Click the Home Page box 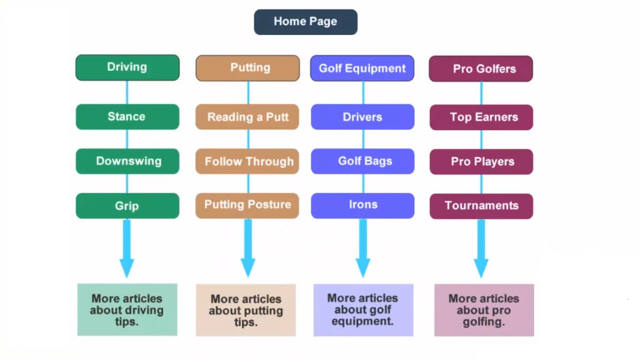pos(305,22)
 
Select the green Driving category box pos(127,68)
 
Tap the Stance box pos(127,117)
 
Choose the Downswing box pos(127,162)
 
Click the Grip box pos(127,206)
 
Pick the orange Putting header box pos(248,68)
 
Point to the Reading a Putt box pos(247,117)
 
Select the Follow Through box pos(247,162)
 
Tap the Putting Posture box pos(247,205)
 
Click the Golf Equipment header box pos(362,68)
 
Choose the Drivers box pos(362,117)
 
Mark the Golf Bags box pos(362,162)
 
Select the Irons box pos(362,205)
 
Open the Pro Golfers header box pos(480,69)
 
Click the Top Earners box pos(481,117)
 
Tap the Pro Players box pos(481,162)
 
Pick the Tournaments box pos(481,205)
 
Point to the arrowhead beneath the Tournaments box pos(481,268)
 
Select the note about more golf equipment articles pos(363,310)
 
